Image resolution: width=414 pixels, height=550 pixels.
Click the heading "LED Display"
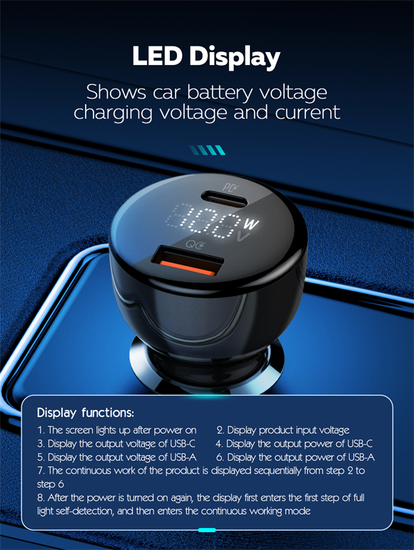coord(206,57)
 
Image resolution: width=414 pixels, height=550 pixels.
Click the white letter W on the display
coord(251,224)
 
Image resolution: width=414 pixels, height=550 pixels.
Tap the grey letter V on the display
coord(244,236)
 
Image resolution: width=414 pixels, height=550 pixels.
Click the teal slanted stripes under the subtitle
coord(207,150)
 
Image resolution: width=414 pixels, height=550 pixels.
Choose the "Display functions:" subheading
coord(85,413)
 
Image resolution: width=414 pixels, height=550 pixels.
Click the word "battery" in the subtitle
coord(219,93)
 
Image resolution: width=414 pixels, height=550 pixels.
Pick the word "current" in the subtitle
coord(308,112)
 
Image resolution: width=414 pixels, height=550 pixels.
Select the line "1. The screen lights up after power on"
coord(117,431)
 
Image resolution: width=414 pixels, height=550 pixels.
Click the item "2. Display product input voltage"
coord(283,431)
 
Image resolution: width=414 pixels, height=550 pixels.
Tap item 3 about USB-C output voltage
coord(116,444)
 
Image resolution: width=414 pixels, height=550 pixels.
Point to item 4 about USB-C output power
coord(294,444)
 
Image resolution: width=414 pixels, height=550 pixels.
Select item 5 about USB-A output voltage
coord(117,457)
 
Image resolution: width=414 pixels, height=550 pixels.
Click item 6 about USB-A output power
coord(296,457)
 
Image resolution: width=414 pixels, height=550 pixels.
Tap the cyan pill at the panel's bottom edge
coord(207,530)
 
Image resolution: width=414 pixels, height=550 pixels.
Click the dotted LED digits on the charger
coord(203,221)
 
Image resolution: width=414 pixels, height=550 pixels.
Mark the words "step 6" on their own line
coord(51,484)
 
